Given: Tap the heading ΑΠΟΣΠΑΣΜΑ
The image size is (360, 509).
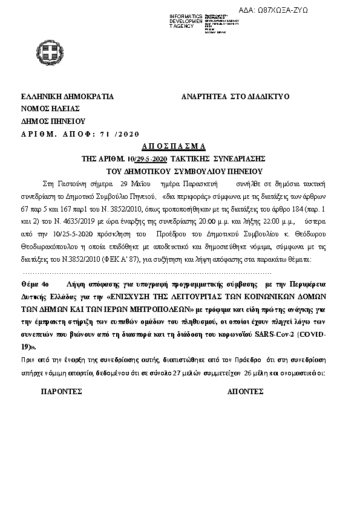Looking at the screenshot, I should point(174,146).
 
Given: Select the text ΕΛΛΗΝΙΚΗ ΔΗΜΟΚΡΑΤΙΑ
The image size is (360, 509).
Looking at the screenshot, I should point(67,97).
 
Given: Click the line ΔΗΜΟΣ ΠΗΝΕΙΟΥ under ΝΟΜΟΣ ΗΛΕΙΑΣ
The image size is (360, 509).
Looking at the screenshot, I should point(54,121).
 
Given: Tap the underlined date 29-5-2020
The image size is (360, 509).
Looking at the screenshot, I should point(152,158).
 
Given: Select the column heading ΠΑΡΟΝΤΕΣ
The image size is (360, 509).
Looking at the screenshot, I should point(61,392).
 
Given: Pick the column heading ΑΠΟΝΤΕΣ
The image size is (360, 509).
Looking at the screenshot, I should point(245,392).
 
